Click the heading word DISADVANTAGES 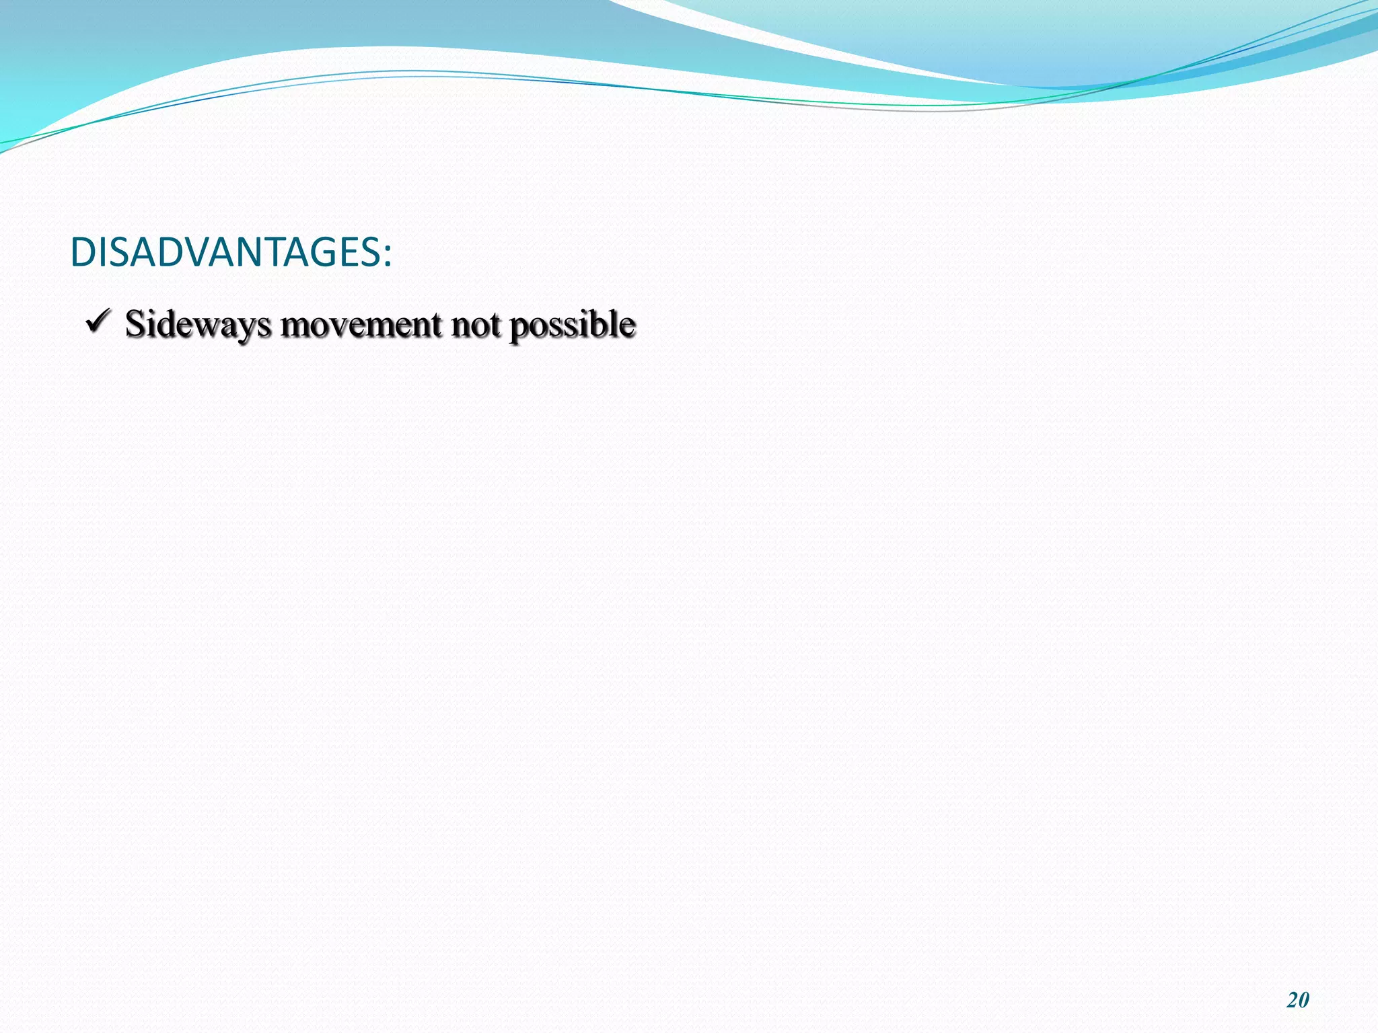[x=225, y=253]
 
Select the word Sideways [x=198, y=324]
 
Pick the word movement [x=361, y=324]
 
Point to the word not [x=476, y=324]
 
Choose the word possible [x=572, y=324]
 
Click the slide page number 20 [x=1298, y=1000]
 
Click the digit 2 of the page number [x=1293, y=1000]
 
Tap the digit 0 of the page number [x=1304, y=1000]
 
